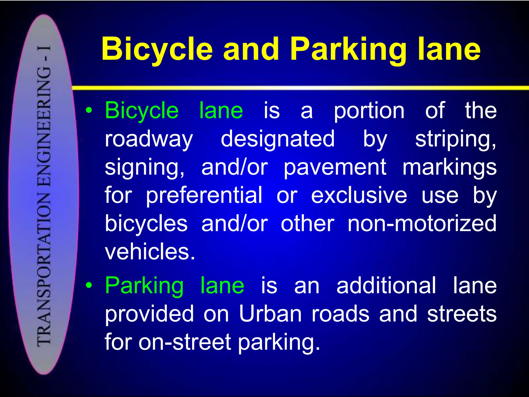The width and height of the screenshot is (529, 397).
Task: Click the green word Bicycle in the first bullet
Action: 142,111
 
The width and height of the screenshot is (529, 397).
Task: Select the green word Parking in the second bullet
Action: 144,286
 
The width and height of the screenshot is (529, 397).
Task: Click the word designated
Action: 278,139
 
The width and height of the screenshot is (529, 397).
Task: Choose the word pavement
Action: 335,167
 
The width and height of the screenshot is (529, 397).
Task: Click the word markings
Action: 449,167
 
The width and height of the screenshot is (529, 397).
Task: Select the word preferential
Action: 204,196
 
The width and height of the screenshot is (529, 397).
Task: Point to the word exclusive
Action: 359,195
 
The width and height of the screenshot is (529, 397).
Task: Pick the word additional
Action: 386,285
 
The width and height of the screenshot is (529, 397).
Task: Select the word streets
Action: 462,314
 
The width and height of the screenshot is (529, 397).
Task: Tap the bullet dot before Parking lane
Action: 89,285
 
